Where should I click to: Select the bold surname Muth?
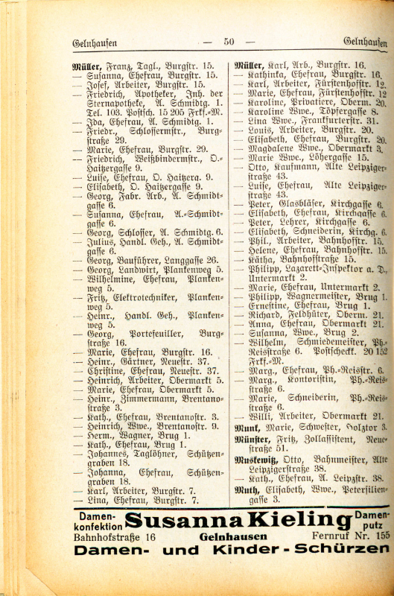[246, 491]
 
